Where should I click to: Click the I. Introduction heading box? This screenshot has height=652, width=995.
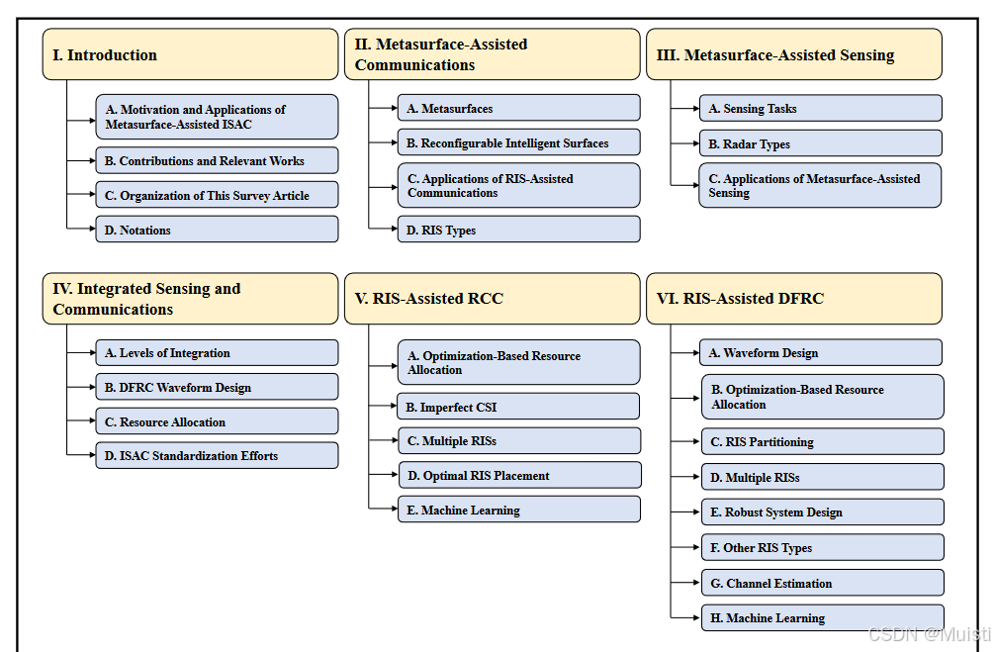[x=190, y=54]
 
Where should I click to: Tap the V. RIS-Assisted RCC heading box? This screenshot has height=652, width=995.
[x=492, y=299]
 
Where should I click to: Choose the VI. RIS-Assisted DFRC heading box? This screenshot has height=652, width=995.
[x=794, y=299]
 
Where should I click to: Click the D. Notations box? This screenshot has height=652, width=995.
[x=217, y=230]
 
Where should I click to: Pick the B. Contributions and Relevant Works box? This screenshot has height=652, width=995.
[x=217, y=160]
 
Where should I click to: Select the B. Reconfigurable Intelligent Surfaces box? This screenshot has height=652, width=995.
[x=519, y=142]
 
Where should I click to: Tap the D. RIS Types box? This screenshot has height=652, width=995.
[x=519, y=230]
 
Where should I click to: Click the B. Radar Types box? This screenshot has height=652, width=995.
[x=821, y=142]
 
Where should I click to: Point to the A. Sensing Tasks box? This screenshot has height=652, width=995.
[x=821, y=108]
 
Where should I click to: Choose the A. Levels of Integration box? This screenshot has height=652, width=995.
[x=217, y=352]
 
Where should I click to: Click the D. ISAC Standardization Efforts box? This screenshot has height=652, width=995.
[x=217, y=455]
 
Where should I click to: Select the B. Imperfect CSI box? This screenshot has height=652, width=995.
[x=518, y=407]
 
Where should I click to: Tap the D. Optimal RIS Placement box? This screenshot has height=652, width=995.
[x=519, y=475]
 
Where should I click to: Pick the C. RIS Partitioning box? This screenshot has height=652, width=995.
[x=822, y=441]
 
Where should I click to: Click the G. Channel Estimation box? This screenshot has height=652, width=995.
[x=822, y=582]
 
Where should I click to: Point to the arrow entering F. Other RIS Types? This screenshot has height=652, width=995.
[x=686, y=547]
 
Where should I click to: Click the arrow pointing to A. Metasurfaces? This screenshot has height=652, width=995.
[x=384, y=108]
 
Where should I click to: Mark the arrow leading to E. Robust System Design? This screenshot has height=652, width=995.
[x=686, y=512]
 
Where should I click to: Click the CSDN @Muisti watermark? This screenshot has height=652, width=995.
[x=929, y=633]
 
